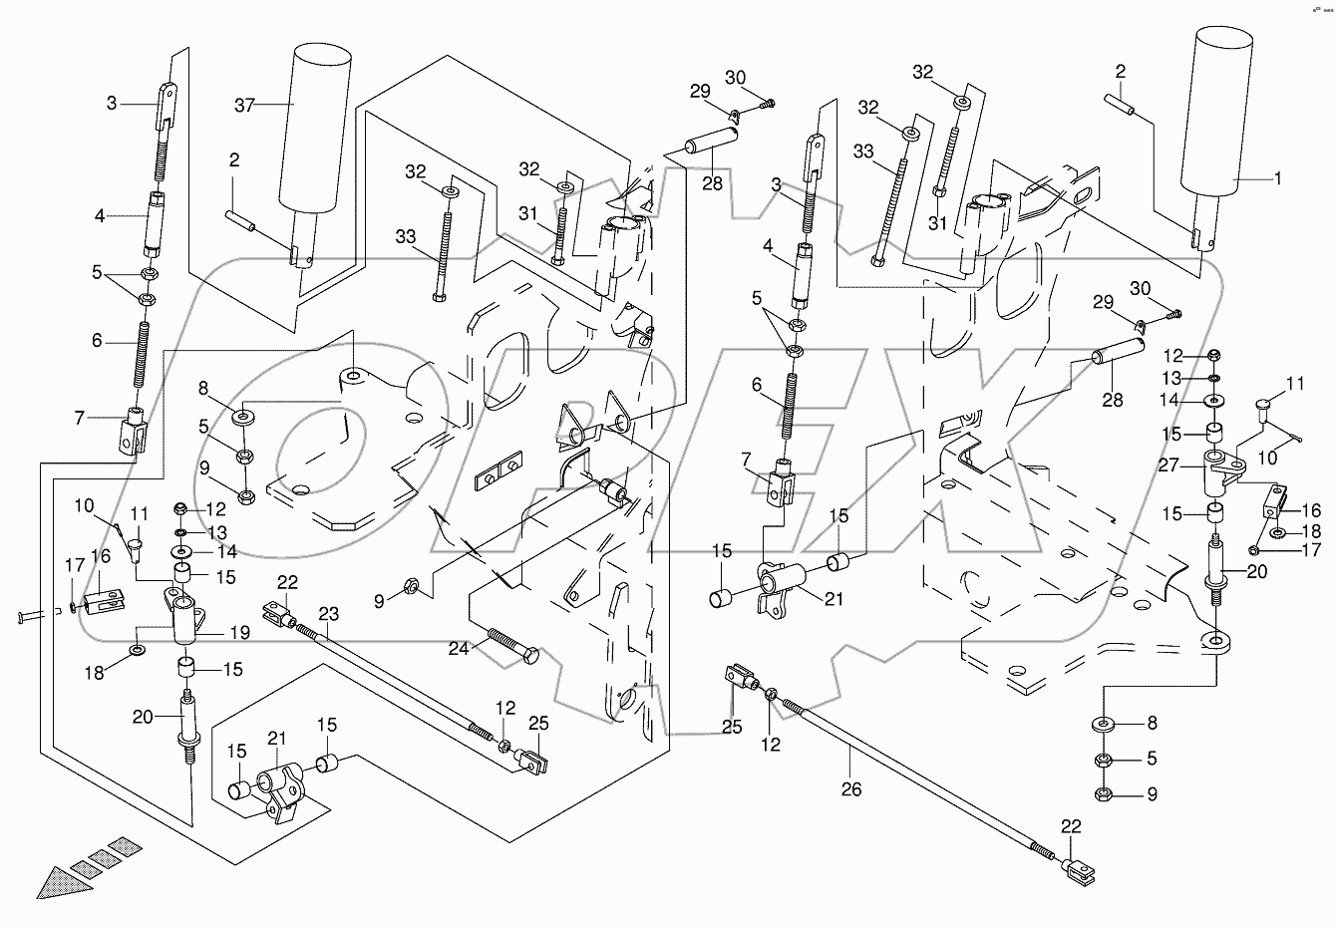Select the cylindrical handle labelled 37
point(321,130)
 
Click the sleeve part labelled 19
point(187,623)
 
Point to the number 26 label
point(849,789)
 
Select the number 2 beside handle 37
point(232,159)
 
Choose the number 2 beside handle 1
point(1121,72)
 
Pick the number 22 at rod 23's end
point(287,582)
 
